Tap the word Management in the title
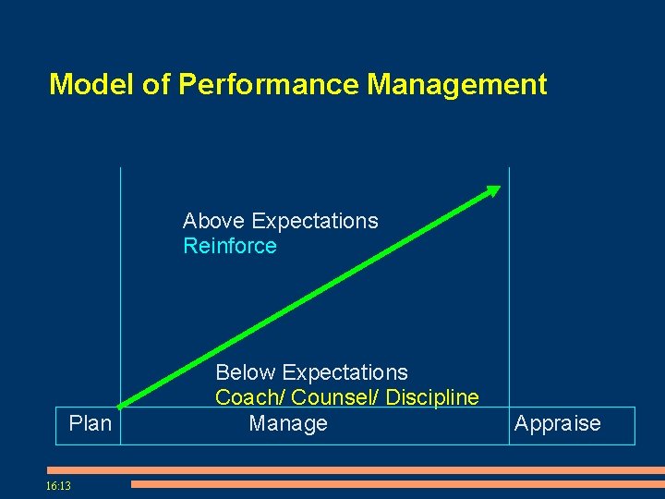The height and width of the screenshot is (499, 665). tap(457, 85)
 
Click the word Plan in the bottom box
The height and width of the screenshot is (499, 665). tap(90, 424)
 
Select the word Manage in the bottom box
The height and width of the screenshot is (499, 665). tap(288, 424)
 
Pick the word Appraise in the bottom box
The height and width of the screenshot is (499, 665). tap(557, 424)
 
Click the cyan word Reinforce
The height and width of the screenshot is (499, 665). tap(230, 246)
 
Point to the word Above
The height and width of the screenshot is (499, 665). tap(214, 221)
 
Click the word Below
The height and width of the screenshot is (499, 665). tap(246, 372)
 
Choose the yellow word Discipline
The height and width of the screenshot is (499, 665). tap(432, 398)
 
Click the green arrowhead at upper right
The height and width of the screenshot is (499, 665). tap(494, 190)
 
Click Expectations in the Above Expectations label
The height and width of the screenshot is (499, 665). tap(315, 221)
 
